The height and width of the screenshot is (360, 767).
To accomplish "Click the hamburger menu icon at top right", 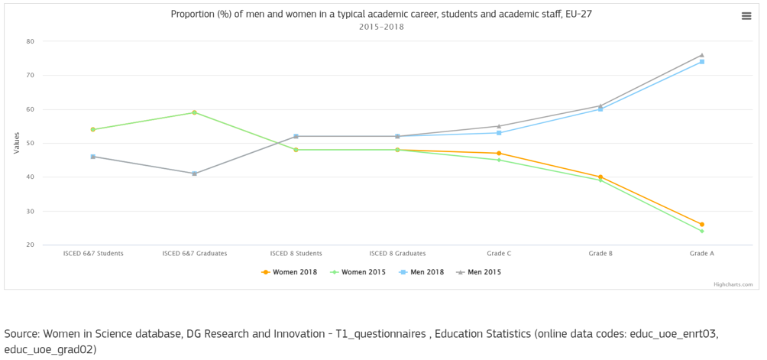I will pos(746,16).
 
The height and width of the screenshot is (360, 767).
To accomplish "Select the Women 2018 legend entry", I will pos(291,272).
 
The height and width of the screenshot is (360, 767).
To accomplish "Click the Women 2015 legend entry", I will pos(359,272).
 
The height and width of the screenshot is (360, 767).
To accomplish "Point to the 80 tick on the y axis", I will pos(30,41).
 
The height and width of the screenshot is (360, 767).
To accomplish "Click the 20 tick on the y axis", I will pos(30,245).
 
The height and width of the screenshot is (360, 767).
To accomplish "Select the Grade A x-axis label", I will pos(701,253).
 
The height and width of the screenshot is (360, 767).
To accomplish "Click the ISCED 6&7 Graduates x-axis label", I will pos(195,253).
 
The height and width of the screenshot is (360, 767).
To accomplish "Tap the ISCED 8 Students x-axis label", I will pos(296,253).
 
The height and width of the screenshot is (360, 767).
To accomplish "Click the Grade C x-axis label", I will pos(499,253).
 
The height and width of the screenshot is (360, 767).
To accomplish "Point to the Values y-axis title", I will pos(16,143).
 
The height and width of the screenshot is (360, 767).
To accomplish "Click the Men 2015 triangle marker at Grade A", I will pos(701,55).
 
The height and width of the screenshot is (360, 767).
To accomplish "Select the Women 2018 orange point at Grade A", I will pos(701,225).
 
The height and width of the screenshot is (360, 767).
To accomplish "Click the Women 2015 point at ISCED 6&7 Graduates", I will pos(195,112).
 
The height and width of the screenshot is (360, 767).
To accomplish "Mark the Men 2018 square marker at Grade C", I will pos(499,133).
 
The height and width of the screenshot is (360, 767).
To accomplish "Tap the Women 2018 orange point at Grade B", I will pos(600,177).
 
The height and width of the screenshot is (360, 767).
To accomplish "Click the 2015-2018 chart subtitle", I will pos(381,28).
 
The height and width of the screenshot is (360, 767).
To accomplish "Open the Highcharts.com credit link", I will pos(733,284).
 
